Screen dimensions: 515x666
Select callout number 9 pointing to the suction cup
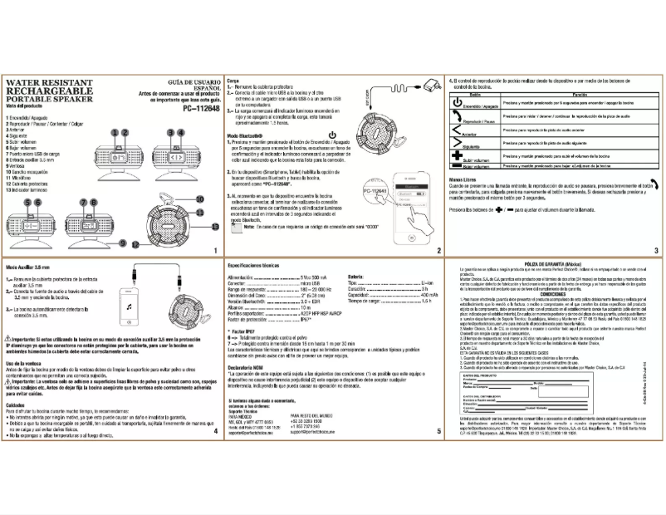pyautogui.click(x=122, y=243)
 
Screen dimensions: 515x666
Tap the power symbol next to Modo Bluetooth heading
pyautogui.click(x=332, y=135)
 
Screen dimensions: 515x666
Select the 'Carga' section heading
pyautogui.click(x=233, y=81)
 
